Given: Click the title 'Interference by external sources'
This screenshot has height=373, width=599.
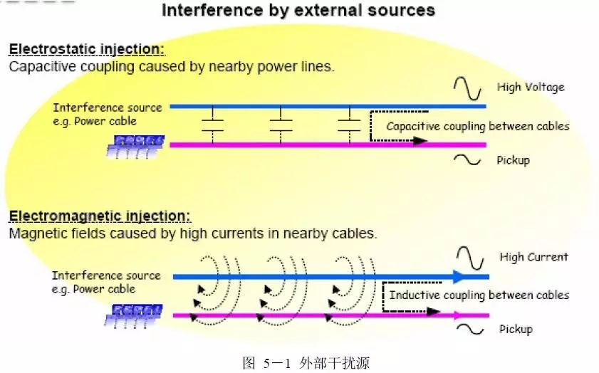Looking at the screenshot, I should (x=298, y=11).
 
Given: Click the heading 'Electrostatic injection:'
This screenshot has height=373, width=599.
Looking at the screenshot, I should (x=86, y=50).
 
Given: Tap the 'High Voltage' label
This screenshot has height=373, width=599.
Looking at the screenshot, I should (x=530, y=87).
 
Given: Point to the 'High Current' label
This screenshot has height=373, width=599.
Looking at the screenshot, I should (x=533, y=257).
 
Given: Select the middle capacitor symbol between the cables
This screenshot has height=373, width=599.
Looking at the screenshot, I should (x=281, y=125).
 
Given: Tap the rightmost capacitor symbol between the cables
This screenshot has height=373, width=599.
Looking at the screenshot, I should (x=348, y=125).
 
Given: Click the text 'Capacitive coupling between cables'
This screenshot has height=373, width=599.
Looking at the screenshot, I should (x=477, y=127).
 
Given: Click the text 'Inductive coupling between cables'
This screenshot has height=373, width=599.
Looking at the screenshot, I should (x=479, y=295).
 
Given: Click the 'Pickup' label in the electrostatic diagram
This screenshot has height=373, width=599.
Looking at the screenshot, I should (x=513, y=160).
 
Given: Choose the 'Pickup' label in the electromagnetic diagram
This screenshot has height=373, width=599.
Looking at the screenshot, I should (x=516, y=329).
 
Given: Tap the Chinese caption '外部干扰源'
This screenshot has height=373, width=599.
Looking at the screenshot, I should (x=336, y=362).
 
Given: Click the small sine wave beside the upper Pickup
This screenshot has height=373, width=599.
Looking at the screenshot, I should (x=468, y=160).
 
